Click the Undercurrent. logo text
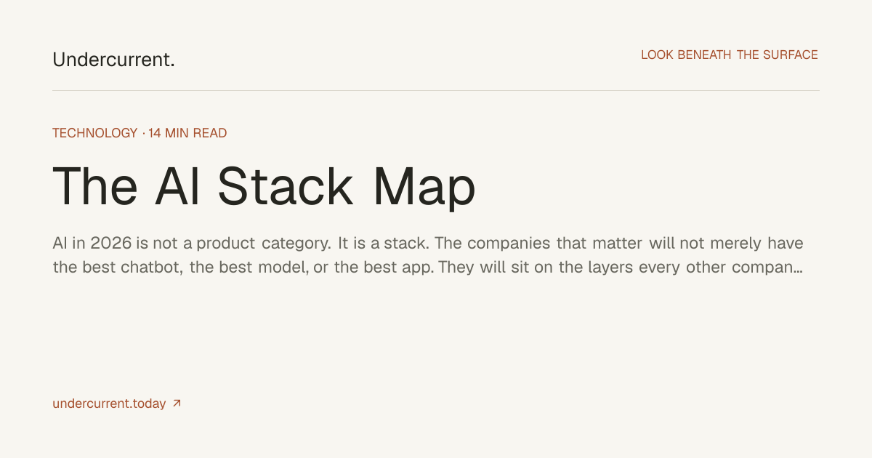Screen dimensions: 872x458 click(x=113, y=60)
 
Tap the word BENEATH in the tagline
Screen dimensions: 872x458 click(x=704, y=55)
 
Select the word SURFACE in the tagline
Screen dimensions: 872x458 click(x=791, y=55)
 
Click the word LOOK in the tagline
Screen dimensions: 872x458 click(x=657, y=55)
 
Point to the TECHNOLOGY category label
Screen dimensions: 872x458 click(x=95, y=133)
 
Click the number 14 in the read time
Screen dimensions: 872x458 click(x=155, y=133)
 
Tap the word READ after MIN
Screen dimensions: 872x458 click(x=210, y=133)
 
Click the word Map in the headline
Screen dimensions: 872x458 click(x=424, y=188)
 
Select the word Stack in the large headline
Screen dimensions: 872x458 click(x=286, y=187)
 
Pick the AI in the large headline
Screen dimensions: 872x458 click(x=177, y=187)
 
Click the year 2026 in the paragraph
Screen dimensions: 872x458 click(x=111, y=244)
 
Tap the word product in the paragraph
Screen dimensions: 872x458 click(x=226, y=244)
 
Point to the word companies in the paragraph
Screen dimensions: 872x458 click(x=509, y=244)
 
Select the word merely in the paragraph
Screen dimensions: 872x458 click(x=735, y=244)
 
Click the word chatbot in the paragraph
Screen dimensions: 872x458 click(x=152, y=268)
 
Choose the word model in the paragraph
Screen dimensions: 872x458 click(x=283, y=268)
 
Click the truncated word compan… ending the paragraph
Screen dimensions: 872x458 click(x=767, y=268)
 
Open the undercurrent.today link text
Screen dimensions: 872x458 click(x=110, y=404)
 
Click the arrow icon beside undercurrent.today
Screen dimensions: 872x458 click(x=177, y=403)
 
